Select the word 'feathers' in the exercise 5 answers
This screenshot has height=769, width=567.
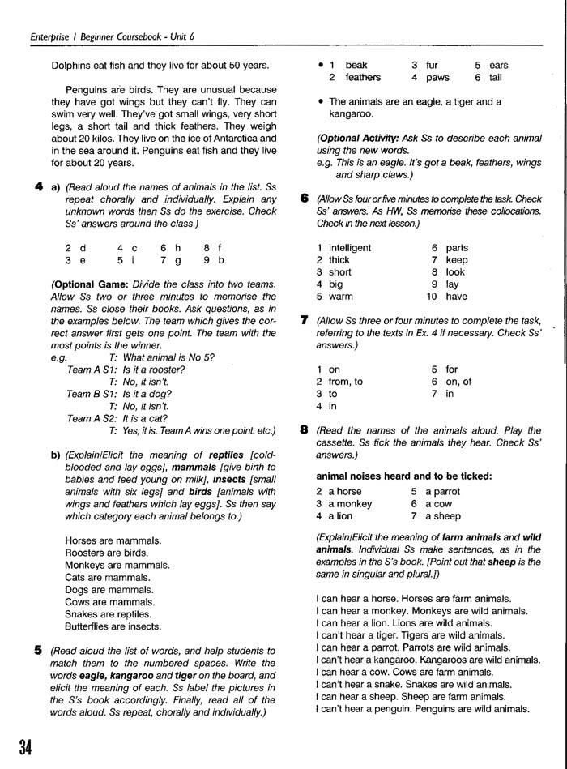(363, 78)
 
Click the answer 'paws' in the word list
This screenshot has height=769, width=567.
(438, 78)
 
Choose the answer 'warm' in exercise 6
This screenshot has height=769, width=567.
(341, 297)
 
